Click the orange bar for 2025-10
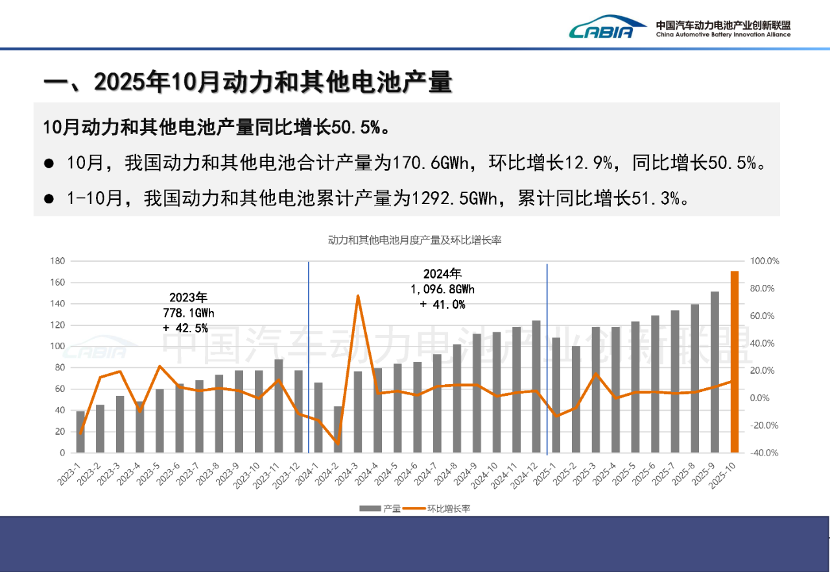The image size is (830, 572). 735,363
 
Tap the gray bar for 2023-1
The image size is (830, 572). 80,432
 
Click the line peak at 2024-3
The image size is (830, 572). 358,296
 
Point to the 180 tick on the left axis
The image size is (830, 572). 58,261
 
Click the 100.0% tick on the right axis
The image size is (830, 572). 764,261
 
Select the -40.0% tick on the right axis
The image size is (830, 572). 764,453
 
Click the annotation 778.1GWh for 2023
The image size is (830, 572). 188,313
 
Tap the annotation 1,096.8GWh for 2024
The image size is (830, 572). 442,289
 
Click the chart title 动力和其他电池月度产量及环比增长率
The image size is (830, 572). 414,240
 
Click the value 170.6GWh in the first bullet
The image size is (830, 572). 425,163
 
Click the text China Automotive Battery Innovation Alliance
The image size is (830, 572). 723,35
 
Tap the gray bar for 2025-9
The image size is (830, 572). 715,372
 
